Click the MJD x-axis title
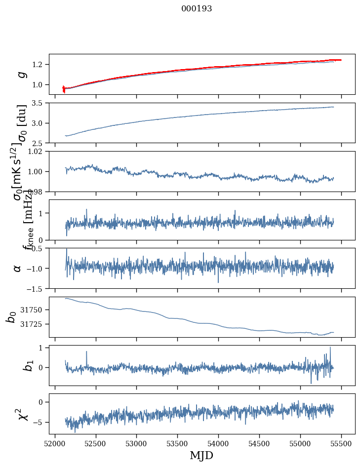click(201, 455)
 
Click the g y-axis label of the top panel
click(21, 74)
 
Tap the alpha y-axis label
click(18, 268)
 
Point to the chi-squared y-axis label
click(20, 414)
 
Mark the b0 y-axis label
click(11, 317)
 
